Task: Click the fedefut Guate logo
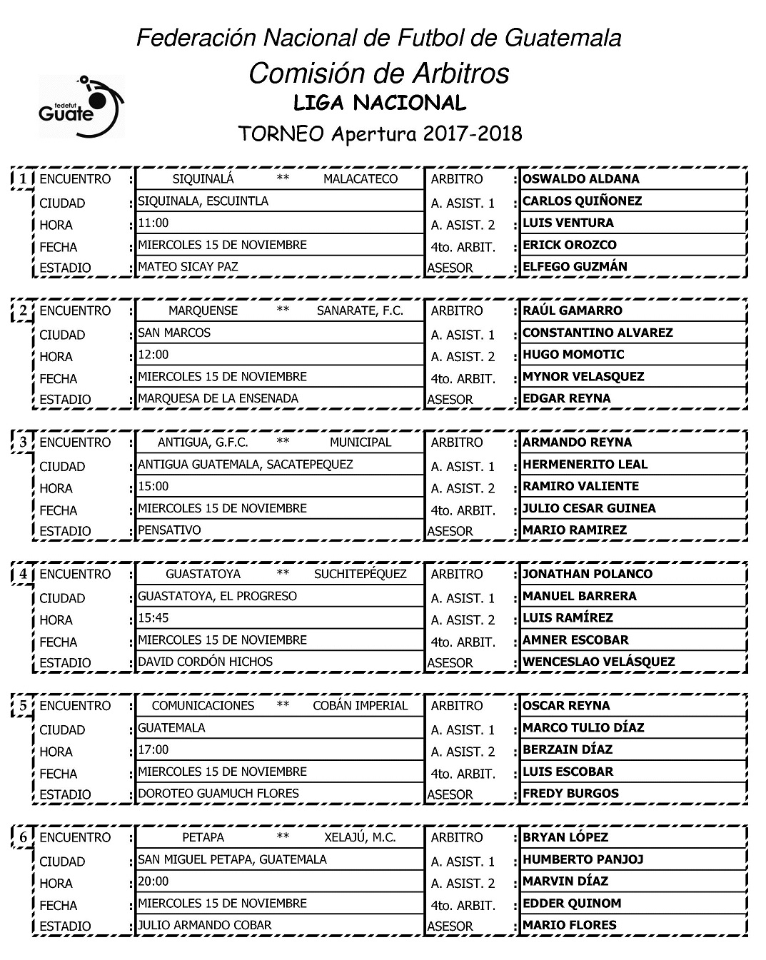(81, 106)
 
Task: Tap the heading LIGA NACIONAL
(380, 103)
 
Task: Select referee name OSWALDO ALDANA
(580, 179)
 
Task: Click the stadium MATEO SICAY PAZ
(188, 267)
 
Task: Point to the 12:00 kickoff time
(153, 355)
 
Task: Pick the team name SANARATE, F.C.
(360, 310)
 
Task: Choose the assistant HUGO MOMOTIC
(573, 355)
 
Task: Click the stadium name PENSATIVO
(169, 530)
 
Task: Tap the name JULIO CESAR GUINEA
(589, 508)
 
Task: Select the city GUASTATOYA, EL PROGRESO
(217, 596)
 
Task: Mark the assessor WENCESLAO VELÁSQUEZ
(598, 662)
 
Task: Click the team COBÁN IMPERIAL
(360, 706)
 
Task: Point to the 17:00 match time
(153, 749)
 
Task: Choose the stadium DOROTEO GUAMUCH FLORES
(218, 793)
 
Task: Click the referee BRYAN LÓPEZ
(565, 837)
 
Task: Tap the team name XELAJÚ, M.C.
(360, 837)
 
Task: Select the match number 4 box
(24, 575)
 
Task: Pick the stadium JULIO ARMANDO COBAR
(204, 925)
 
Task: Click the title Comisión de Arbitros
(379, 73)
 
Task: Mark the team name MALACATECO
(360, 179)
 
